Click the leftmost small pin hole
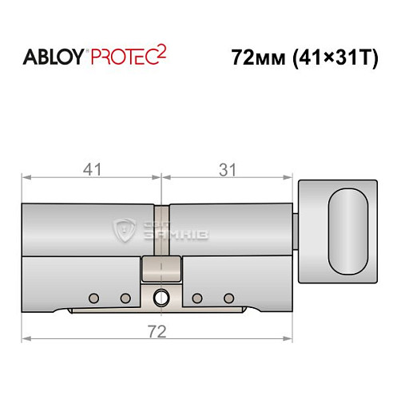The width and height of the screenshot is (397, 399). [94, 298]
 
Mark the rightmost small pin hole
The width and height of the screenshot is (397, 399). [229, 298]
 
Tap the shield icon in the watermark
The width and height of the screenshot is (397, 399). [125, 230]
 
